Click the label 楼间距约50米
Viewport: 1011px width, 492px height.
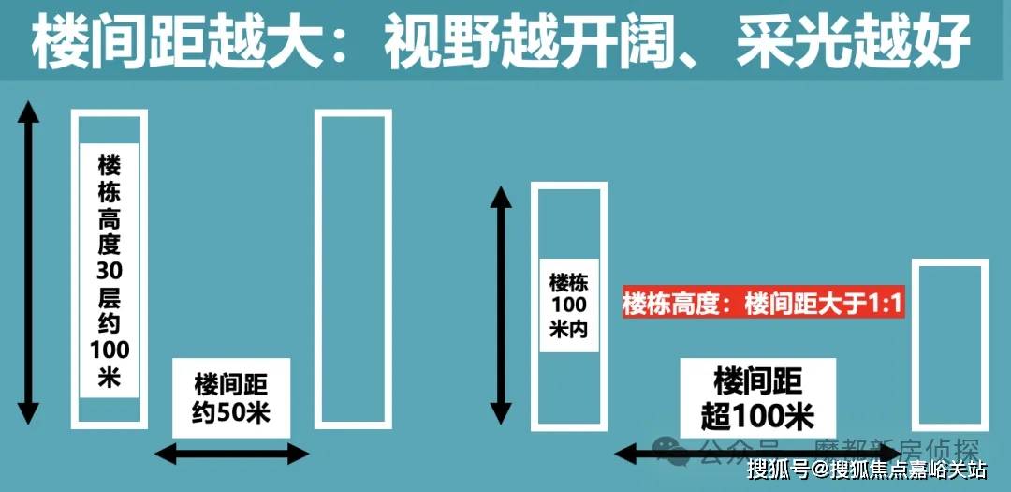point(231,397)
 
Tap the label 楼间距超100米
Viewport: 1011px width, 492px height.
point(757,398)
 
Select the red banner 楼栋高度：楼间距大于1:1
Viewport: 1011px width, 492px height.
point(763,305)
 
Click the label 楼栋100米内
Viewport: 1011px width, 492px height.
point(568,305)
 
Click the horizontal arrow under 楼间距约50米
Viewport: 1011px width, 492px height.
point(231,455)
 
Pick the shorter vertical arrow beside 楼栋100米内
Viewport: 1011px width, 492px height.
point(502,305)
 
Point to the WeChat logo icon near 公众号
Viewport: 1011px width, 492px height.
point(672,451)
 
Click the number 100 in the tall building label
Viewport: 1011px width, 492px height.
point(109,350)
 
